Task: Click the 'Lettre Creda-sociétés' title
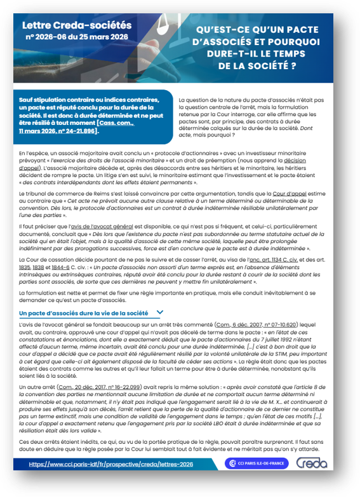[76, 25]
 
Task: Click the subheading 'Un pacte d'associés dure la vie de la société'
[83, 313]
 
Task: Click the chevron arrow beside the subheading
[159, 312]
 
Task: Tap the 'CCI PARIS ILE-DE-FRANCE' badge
[257, 464]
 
